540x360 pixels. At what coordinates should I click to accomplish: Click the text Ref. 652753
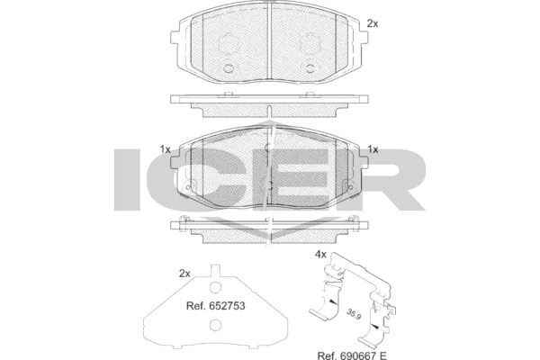coord(216,306)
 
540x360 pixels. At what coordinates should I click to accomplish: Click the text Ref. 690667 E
coord(352,355)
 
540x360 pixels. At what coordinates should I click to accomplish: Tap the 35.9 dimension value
coord(354,314)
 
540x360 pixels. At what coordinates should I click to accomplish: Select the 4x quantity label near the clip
coord(320,255)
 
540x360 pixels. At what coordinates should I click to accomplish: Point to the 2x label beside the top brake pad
coord(373,23)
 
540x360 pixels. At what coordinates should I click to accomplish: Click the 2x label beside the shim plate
coord(184,274)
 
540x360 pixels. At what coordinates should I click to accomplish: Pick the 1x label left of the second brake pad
coord(165,149)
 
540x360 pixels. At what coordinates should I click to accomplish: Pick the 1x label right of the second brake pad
coord(373,149)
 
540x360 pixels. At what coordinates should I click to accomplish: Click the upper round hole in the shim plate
coord(215,286)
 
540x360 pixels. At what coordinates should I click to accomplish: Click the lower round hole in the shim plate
coord(215,325)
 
